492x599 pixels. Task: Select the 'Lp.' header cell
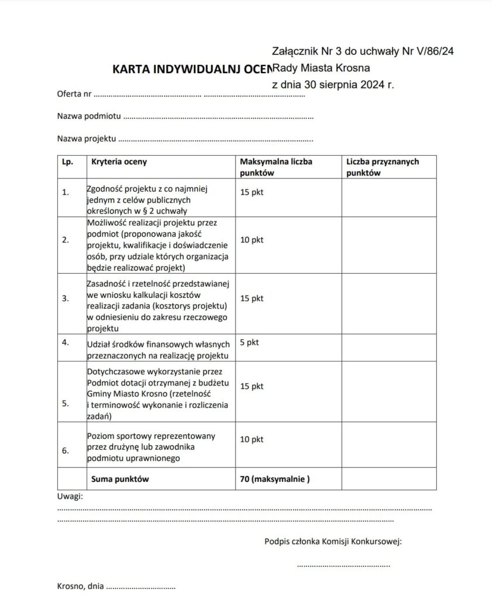pyautogui.click(x=67, y=161)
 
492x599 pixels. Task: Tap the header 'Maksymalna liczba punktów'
pyautogui.click(x=276, y=167)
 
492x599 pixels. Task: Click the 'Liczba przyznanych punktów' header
pyautogui.click(x=382, y=167)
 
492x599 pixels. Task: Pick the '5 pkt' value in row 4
pyautogui.click(x=250, y=342)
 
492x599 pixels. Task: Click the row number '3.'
pyautogui.click(x=65, y=298)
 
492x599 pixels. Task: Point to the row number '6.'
pyautogui.click(x=65, y=450)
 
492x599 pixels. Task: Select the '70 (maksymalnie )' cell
pyautogui.click(x=275, y=479)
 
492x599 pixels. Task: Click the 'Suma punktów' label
pyautogui.click(x=120, y=479)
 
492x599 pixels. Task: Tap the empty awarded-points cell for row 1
pyautogui.click(x=389, y=197)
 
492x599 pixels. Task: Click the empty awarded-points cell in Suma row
pyautogui.click(x=389, y=479)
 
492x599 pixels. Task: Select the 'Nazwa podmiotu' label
pyautogui.click(x=89, y=116)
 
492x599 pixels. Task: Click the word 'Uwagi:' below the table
pyautogui.click(x=70, y=497)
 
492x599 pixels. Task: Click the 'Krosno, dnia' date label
pyautogui.click(x=80, y=586)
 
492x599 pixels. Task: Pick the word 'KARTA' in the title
pyautogui.click(x=129, y=69)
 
